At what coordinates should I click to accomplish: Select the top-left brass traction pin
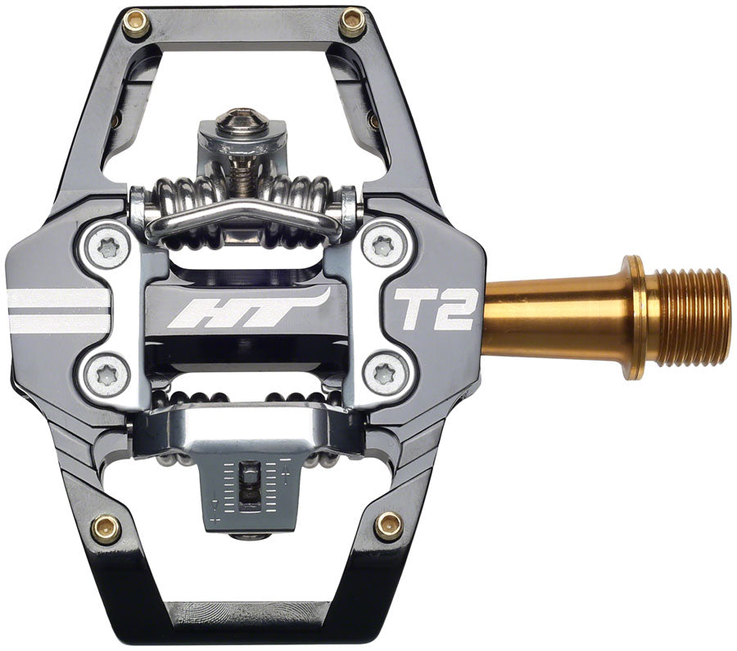tap(135, 25)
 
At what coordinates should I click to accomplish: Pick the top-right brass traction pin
tap(352, 23)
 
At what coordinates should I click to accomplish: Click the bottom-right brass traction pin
tap(389, 526)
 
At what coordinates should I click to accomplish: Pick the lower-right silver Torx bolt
tap(384, 374)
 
